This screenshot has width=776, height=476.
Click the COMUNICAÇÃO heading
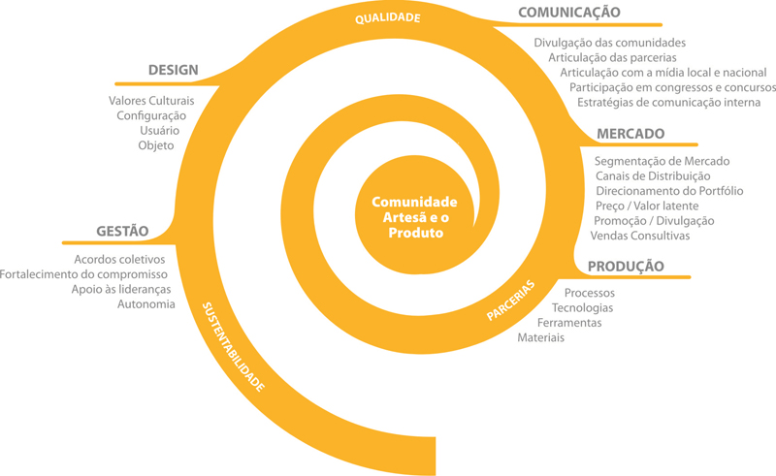coord(569,13)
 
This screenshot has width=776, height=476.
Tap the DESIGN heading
coord(174,70)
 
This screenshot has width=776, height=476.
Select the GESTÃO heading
coord(122,231)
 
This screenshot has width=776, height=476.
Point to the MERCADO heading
coord(630,134)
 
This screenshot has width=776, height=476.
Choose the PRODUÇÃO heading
coord(626,267)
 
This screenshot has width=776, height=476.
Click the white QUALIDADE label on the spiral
coord(387,18)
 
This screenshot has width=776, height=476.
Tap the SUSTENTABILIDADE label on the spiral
coord(233,347)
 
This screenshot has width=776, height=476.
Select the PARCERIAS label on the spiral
coord(511,301)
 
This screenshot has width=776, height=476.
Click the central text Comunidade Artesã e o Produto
coord(415,217)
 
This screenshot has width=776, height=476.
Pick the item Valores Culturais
coord(151,101)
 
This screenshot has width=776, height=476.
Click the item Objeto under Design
coord(156,146)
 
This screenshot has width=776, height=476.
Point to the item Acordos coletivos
coord(119,259)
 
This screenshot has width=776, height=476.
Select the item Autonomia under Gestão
coord(146,303)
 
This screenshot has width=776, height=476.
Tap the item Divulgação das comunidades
coord(610,43)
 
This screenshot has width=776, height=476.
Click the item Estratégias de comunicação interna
coord(668,103)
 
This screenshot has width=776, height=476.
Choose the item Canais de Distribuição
coord(653,176)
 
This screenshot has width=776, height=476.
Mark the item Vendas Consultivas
coord(640,236)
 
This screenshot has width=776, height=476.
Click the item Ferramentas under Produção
coord(569,323)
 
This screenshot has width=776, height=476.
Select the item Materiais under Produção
coord(541,337)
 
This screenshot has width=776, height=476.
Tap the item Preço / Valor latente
coord(647,206)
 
